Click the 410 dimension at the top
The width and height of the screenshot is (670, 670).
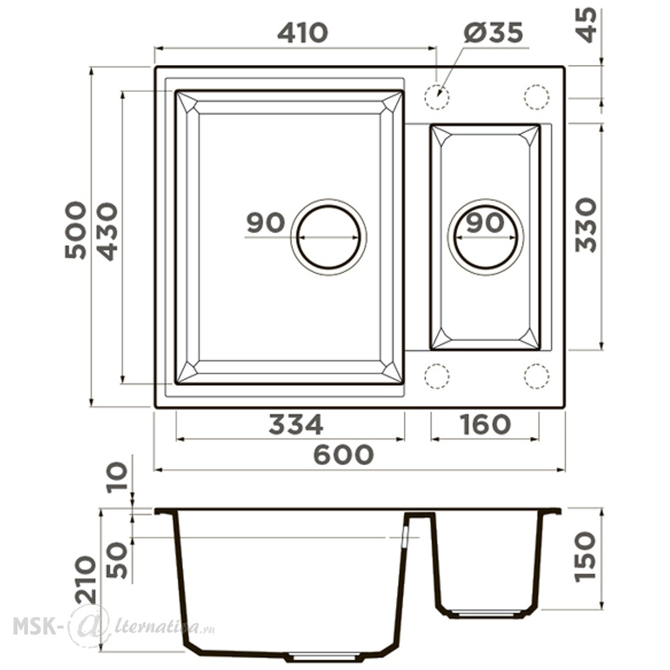click(302, 33)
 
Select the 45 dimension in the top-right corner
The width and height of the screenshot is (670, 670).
click(587, 24)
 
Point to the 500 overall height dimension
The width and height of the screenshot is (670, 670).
click(76, 230)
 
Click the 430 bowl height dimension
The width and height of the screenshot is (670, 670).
click(107, 231)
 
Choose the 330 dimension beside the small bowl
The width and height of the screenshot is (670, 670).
click(586, 224)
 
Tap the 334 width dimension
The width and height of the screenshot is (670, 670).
click(295, 424)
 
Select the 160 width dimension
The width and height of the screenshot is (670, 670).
click(485, 424)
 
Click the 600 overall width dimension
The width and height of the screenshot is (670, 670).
click(344, 455)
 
